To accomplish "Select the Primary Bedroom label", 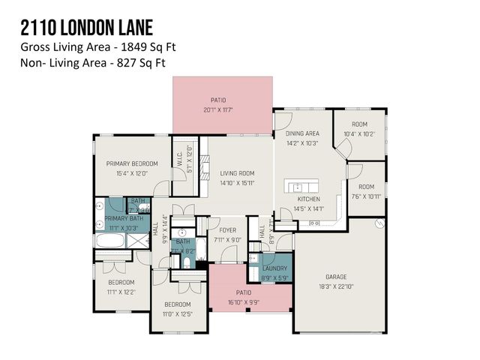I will click(x=132, y=163).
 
